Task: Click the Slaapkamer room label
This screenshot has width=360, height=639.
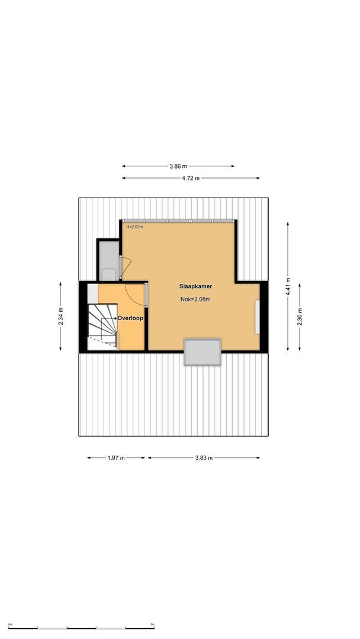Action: (x=196, y=286)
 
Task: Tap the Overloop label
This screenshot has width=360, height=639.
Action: (x=131, y=318)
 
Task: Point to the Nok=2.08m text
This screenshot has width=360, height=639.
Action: (x=195, y=299)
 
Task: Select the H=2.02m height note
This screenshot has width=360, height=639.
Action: (x=134, y=226)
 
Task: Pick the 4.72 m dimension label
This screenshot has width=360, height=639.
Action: (x=191, y=178)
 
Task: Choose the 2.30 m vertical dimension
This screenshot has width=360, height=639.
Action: (x=300, y=314)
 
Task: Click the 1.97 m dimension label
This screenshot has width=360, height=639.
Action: (x=116, y=457)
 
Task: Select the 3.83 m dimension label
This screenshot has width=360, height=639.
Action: (x=204, y=457)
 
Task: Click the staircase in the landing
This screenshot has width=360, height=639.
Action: (x=102, y=326)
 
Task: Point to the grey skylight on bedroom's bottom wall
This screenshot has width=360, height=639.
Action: (x=202, y=352)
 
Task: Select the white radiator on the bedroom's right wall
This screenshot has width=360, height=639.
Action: (x=257, y=317)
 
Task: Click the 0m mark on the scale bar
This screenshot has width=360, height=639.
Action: (x=10, y=625)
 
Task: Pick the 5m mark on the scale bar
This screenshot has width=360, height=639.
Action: (x=152, y=625)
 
